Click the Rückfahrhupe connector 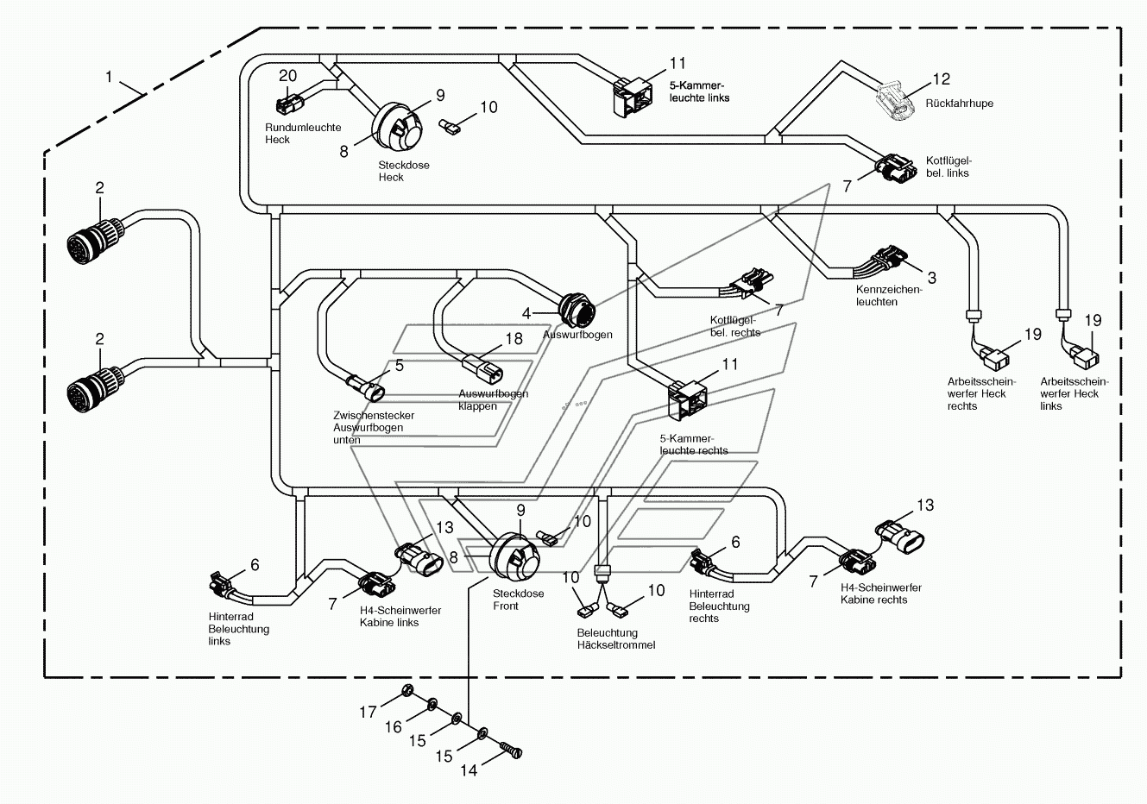pyautogui.click(x=896, y=101)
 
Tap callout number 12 pyautogui.click(x=941, y=79)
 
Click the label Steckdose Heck pyautogui.click(x=404, y=171)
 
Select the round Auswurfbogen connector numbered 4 pyautogui.click(x=577, y=310)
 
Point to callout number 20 pyautogui.click(x=287, y=76)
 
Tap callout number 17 pyautogui.click(x=368, y=712)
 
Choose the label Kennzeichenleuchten pyautogui.click(x=888, y=295)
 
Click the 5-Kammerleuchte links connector pyautogui.click(x=633, y=97)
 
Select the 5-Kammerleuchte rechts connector pyautogui.click(x=687, y=400)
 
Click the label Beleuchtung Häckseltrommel pyautogui.click(x=616, y=638)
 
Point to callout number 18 pyautogui.click(x=514, y=339)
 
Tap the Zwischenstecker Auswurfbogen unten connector pyautogui.click(x=366, y=390)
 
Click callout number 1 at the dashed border pyautogui.click(x=109, y=77)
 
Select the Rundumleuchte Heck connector pyautogui.click(x=289, y=104)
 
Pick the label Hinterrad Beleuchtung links pyautogui.click(x=238, y=629)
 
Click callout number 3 pyautogui.click(x=932, y=278)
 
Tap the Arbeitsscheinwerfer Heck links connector pyautogui.click(x=1085, y=356)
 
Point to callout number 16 pyautogui.click(x=394, y=726)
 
